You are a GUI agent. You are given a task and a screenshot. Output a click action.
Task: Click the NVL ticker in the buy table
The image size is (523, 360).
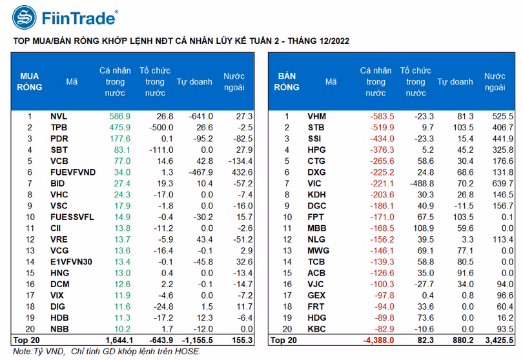point(59,117)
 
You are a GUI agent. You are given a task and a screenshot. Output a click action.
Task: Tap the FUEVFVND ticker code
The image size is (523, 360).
point(72,172)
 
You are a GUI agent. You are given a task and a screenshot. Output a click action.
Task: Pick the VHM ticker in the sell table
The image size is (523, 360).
point(317,117)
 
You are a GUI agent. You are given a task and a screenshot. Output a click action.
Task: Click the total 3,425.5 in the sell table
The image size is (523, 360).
point(498,339)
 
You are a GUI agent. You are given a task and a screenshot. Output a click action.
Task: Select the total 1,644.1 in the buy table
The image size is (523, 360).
point(118,339)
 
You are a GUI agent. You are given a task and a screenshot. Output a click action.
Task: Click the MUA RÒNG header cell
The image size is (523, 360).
point(30,82)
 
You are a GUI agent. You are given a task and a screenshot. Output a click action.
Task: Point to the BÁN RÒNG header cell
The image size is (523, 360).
point(287,82)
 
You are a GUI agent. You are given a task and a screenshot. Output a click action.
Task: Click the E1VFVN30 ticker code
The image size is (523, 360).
point(72,261)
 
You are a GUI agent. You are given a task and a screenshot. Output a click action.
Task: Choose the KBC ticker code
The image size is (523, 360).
point(317,328)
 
